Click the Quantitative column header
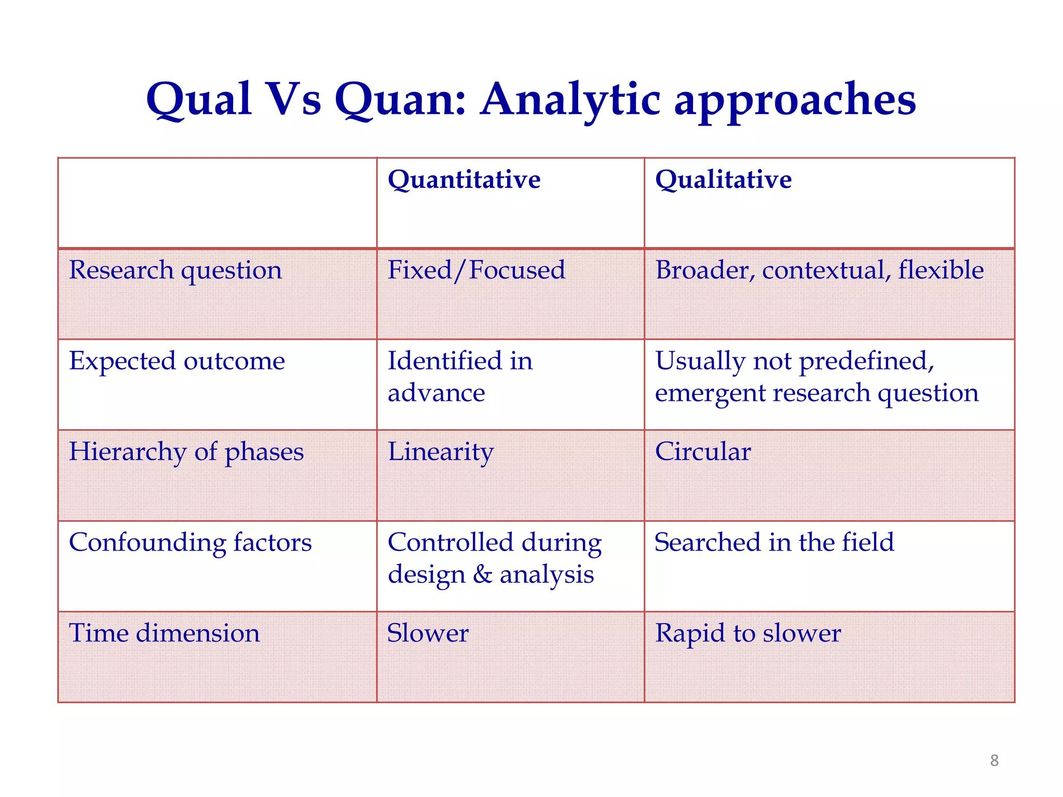[464, 180]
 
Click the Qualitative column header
[723, 180]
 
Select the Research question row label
[175, 270]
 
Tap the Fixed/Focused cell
[476, 270]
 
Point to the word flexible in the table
[941, 270]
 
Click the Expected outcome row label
[177, 361]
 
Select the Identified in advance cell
[460, 377]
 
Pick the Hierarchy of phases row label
[186, 452]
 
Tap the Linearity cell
[440, 452]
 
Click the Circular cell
[702, 452]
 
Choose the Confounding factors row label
[190, 543]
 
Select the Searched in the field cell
[774, 543]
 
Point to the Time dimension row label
[164, 634]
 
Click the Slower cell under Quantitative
[428, 634]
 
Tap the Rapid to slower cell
[747, 634]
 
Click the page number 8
[994, 761]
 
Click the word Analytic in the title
[570, 100]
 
